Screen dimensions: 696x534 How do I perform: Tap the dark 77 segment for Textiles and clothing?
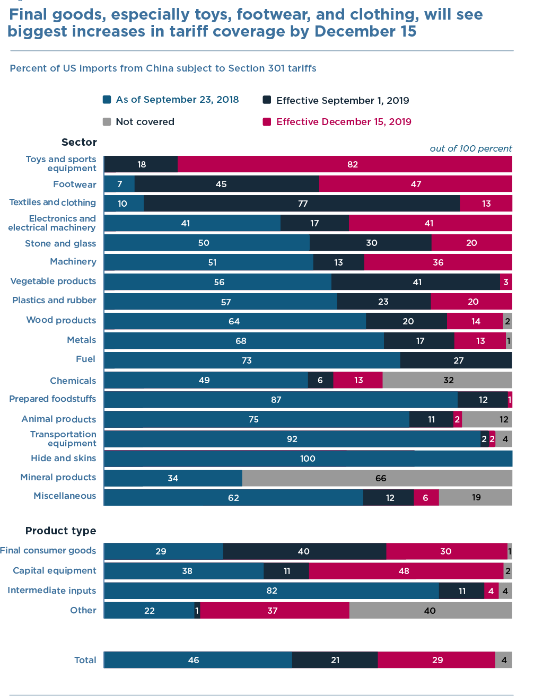[302, 204]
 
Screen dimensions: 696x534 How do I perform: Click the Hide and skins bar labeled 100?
[308, 459]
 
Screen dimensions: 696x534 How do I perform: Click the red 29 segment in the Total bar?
[436, 660]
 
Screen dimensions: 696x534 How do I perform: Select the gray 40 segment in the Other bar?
[430, 611]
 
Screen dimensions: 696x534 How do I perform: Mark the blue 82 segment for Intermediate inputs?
[272, 591]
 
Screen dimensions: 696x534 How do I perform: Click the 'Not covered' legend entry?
[139, 122]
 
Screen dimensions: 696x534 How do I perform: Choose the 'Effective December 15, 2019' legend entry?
[337, 122]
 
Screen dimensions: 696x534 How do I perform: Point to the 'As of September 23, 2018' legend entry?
[171, 100]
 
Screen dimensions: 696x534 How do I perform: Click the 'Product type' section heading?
[61, 531]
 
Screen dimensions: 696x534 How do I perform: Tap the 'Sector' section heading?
[79, 142]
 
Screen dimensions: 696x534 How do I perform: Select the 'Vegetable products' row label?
[53, 281]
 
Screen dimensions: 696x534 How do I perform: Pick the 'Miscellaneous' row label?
[65, 496]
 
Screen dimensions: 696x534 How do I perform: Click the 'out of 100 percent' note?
[471, 148]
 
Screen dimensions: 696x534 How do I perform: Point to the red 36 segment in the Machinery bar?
[438, 262]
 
